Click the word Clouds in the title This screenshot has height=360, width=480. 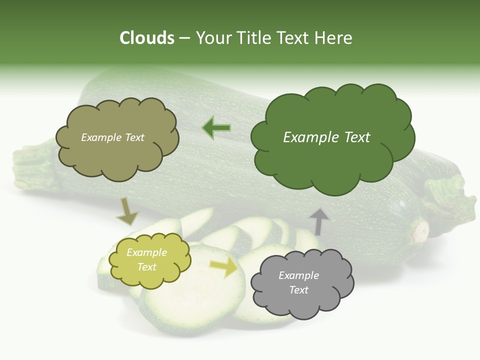tap(147, 38)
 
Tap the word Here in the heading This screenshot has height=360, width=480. tap(334, 38)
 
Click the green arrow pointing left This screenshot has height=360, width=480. tap(216, 128)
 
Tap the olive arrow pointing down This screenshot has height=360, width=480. tap(127, 211)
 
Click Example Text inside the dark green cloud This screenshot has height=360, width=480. tap(326, 137)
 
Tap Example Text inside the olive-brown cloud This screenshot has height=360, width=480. tap(112, 137)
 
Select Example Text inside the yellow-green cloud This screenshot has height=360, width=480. tap(146, 259)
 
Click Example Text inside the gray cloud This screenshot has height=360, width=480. tap(298, 282)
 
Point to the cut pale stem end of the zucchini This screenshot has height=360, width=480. tap(420, 231)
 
